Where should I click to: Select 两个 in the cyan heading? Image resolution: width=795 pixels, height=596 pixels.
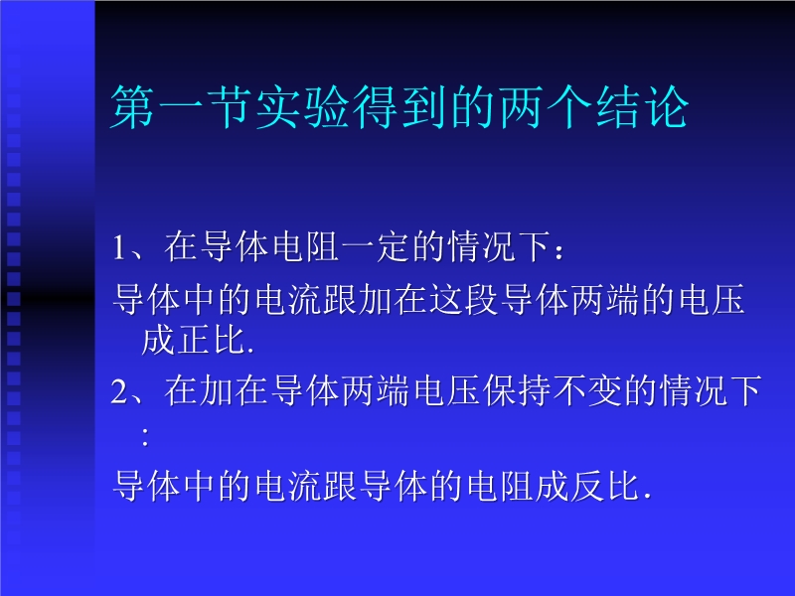click(545, 107)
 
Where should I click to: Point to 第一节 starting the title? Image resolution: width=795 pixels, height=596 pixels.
click(181, 107)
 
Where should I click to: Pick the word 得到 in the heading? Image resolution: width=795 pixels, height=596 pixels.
click(399, 107)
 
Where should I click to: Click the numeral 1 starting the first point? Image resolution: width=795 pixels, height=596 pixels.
click(119, 247)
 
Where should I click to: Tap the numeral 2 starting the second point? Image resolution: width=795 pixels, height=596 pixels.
click(119, 391)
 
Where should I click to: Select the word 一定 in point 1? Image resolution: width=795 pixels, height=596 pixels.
click(376, 246)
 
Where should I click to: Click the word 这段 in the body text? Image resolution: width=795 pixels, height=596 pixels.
click(463, 299)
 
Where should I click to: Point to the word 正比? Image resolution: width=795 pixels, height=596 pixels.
click(213, 340)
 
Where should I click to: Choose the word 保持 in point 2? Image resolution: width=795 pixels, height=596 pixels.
click(517, 390)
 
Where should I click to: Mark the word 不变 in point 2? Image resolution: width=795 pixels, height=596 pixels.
click(587, 390)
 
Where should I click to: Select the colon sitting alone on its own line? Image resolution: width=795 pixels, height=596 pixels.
click(145, 437)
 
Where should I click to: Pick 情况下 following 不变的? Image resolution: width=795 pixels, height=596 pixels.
click(712, 390)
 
